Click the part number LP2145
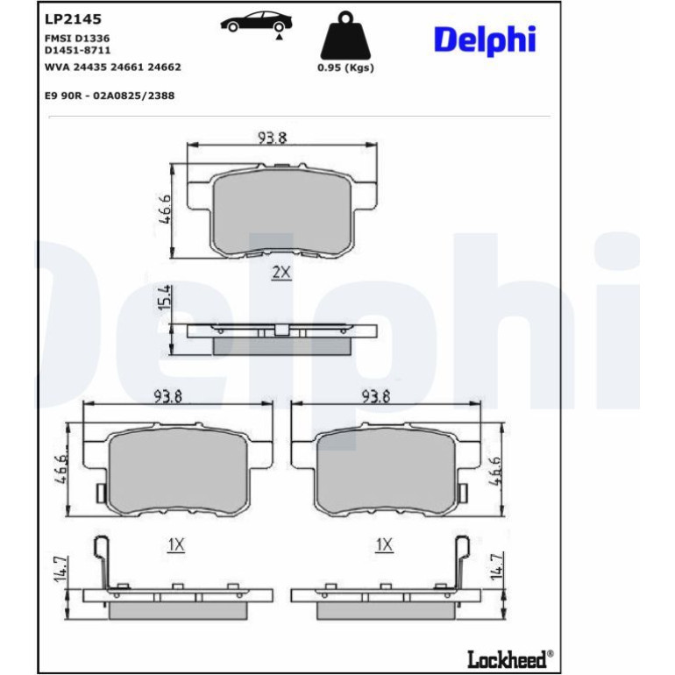click(x=73, y=19)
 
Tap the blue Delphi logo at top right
click(x=485, y=40)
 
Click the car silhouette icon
click(x=257, y=23)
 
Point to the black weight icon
click(x=345, y=36)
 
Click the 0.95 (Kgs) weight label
click(x=345, y=67)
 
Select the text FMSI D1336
click(x=77, y=39)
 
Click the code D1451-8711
click(x=77, y=50)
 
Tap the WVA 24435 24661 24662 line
click(x=113, y=67)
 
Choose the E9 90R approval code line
click(x=110, y=96)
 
